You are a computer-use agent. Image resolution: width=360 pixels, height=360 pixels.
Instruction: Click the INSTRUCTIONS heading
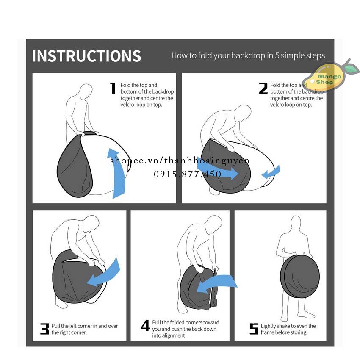click(x=86, y=56)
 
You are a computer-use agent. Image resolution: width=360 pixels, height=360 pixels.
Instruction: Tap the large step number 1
click(x=113, y=88)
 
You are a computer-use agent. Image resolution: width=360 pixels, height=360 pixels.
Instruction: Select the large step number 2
click(x=263, y=88)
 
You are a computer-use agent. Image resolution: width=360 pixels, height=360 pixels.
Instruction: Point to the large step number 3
click(x=44, y=329)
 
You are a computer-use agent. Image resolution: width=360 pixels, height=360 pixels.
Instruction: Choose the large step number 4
click(x=145, y=326)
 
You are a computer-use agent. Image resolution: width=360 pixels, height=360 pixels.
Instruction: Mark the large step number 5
click(x=254, y=329)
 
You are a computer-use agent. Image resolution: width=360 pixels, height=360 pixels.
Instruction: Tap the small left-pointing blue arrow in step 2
click(x=271, y=172)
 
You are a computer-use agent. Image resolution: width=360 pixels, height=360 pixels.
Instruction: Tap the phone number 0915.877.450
click(x=188, y=174)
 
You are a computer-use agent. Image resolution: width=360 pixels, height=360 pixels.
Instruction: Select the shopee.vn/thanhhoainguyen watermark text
click(x=180, y=161)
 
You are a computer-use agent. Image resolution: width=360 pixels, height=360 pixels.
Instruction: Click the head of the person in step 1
click(x=86, y=91)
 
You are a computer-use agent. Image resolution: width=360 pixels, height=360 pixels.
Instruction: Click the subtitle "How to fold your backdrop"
click(x=248, y=55)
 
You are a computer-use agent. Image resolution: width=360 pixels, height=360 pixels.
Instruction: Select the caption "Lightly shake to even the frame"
click(x=288, y=329)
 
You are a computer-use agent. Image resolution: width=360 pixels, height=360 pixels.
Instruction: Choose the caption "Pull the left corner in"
click(x=85, y=329)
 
